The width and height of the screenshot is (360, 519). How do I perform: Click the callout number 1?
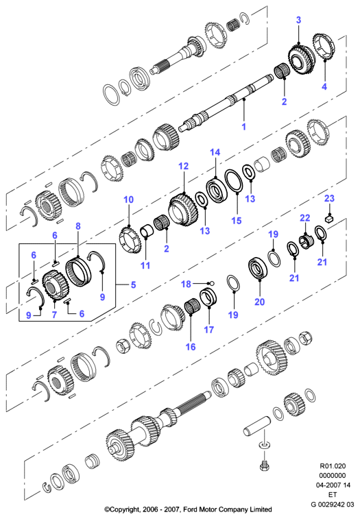[243, 127]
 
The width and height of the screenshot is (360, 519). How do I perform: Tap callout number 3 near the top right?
[298, 20]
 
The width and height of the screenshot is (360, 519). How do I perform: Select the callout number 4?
[324, 86]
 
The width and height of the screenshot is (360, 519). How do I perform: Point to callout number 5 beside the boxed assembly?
[133, 285]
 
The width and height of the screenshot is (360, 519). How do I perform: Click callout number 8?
[78, 226]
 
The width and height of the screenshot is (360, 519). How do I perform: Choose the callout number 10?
[128, 200]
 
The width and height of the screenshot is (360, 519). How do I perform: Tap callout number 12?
[183, 166]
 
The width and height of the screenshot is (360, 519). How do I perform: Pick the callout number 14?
[215, 152]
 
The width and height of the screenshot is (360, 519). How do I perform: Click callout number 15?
[237, 221]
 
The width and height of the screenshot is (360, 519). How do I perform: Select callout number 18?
[186, 284]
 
